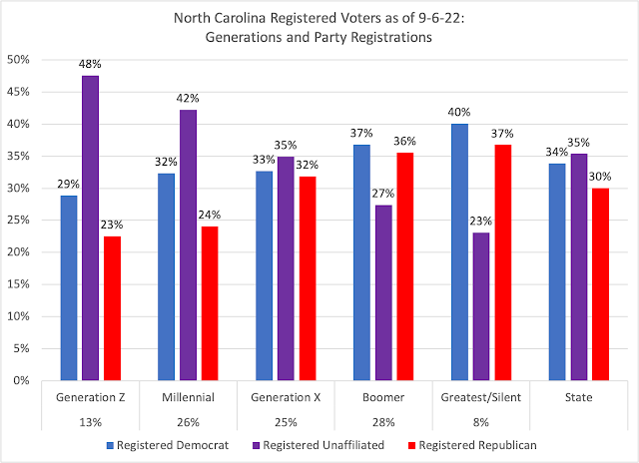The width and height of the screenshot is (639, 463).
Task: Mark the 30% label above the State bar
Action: [x=601, y=178]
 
